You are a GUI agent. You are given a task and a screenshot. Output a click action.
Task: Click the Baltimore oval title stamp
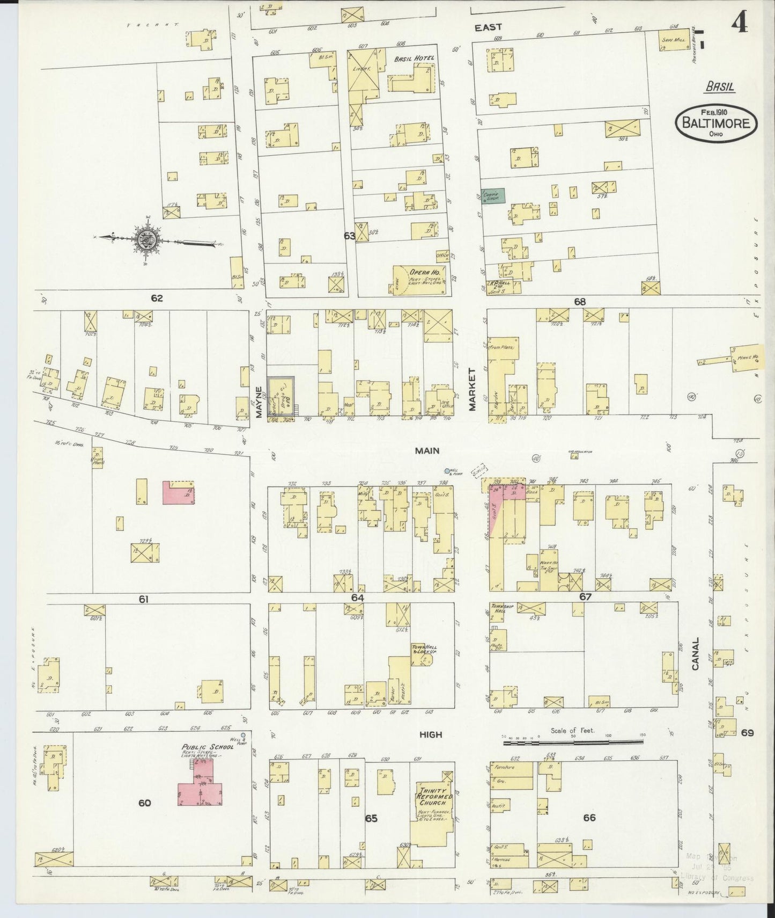tap(716, 122)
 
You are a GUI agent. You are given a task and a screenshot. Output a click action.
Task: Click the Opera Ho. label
tap(422, 272)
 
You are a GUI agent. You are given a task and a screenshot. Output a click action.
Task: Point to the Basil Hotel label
tap(413, 59)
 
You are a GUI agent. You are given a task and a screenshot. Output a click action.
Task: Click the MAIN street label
tap(427, 450)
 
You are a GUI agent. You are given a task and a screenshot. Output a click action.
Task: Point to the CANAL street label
tap(696, 653)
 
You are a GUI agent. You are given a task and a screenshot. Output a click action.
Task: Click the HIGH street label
tap(431, 734)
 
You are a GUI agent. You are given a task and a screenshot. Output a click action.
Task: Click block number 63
tap(350, 236)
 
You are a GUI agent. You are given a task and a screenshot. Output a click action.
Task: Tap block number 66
tap(589, 818)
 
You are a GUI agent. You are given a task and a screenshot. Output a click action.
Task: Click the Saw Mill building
tap(674, 41)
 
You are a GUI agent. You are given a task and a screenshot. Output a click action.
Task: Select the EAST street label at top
tap(488, 27)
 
